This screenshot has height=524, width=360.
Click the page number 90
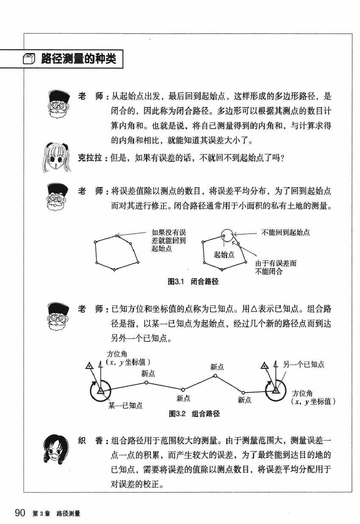[x=20, y=513]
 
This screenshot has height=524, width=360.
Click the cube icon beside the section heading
[x=29, y=59]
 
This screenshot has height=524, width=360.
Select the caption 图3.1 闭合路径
[x=193, y=281]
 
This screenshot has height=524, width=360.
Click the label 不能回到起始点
[x=285, y=232]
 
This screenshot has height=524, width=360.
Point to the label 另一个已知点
[x=304, y=364]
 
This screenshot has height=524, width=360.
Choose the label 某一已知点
[x=125, y=405]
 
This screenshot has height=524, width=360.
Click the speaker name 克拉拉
[x=90, y=158]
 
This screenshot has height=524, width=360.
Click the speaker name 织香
[x=90, y=441]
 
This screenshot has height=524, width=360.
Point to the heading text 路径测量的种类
[x=79, y=58]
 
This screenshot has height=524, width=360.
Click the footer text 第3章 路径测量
[x=56, y=513]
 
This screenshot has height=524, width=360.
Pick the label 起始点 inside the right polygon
[x=224, y=255]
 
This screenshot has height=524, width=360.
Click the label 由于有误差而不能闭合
[x=276, y=267]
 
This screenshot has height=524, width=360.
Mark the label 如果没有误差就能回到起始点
[x=169, y=240]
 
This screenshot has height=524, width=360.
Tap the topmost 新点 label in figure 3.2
[x=217, y=367]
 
